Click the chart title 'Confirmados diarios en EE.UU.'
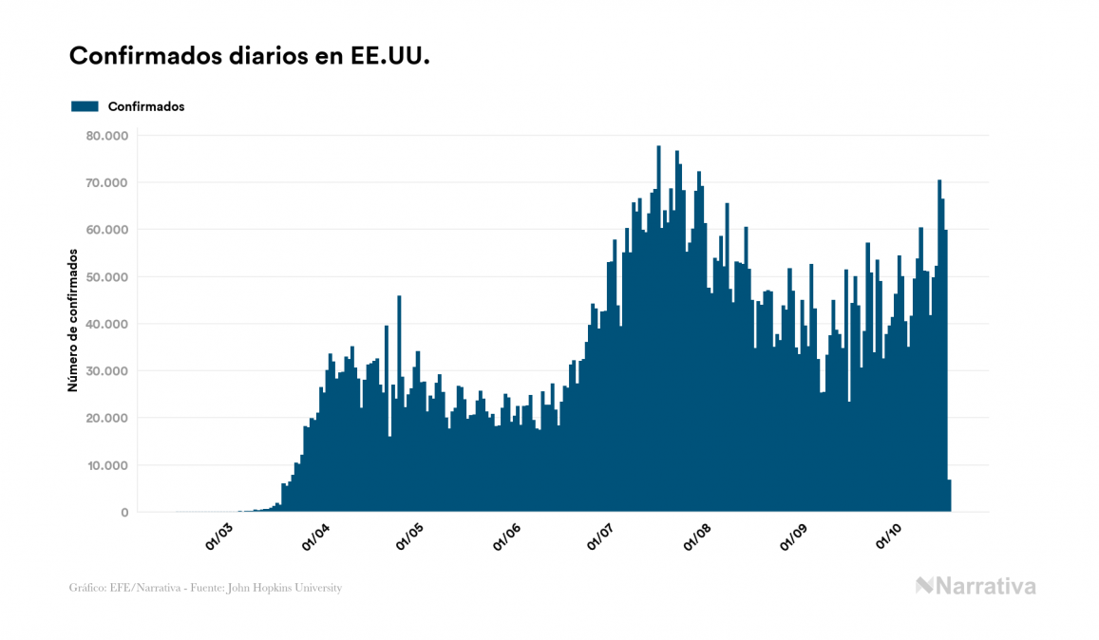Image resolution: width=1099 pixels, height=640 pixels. pos(250,56)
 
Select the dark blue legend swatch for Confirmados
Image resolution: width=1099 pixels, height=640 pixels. pos(85,106)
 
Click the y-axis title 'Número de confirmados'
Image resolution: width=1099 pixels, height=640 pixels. pos(72,320)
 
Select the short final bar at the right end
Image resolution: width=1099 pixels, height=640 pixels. pos(949,497)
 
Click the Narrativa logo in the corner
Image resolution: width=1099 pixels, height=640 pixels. pos(976,586)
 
